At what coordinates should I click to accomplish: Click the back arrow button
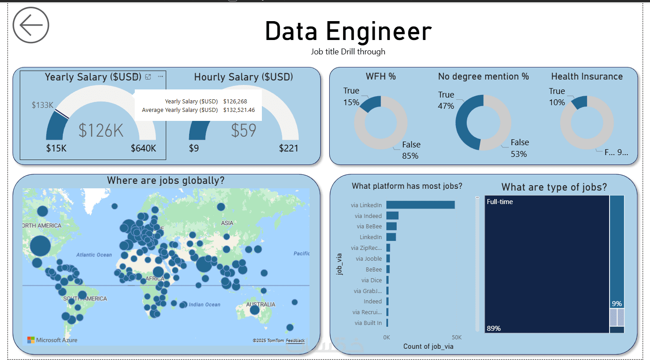31,26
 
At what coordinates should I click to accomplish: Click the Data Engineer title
348,31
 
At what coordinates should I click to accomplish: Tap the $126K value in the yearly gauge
101,130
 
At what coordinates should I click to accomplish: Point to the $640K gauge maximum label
143,148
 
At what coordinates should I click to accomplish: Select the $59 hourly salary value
243,130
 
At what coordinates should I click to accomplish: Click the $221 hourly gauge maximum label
288,148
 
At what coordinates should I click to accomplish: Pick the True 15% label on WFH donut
351,97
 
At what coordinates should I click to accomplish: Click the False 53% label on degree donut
519,148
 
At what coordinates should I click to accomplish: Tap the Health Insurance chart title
587,76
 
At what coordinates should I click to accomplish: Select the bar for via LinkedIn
420,205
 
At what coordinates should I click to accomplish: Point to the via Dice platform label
371,280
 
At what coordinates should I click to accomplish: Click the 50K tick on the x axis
456,338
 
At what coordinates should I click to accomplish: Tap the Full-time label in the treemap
500,202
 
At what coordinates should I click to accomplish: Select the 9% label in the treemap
617,304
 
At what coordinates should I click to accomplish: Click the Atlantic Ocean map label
94,255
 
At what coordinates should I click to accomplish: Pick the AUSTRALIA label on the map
261,304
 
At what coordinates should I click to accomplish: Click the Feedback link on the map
295,341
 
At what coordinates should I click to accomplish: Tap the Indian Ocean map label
204,305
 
